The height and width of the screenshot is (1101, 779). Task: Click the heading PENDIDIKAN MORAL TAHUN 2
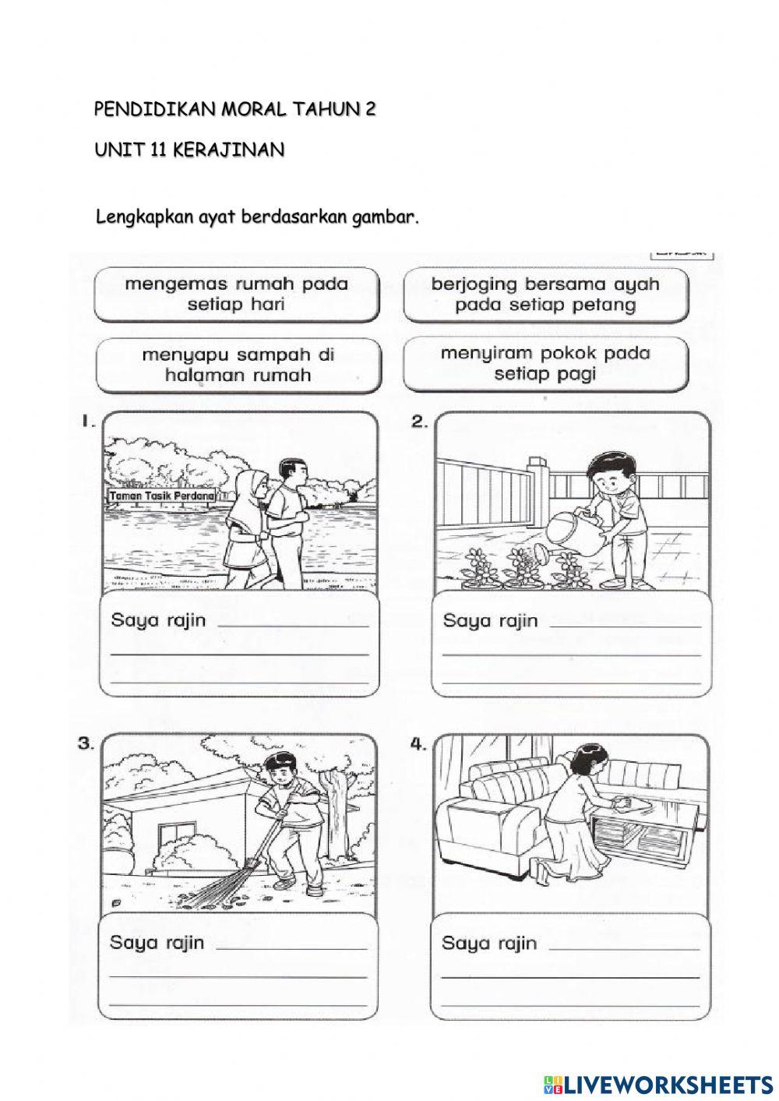tap(234, 110)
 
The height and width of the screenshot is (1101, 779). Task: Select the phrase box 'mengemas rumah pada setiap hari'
tap(236, 294)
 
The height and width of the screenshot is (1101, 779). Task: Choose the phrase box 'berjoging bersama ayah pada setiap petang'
tap(545, 294)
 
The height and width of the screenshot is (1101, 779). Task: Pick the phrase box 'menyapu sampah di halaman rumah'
tap(238, 365)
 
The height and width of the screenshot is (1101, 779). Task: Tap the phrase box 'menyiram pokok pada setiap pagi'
tap(545, 364)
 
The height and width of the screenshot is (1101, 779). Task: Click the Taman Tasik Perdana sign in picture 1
tap(162, 496)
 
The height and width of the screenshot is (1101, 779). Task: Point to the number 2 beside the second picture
tap(420, 422)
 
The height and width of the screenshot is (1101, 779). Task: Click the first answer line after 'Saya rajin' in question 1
tap(294, 626)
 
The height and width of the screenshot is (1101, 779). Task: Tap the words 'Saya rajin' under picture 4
tap(489, 944)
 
